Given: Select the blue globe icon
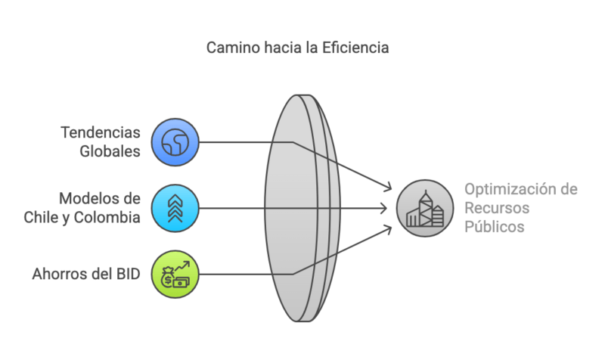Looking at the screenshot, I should tap(175, 141).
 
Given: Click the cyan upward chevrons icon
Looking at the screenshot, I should tap(175, 207).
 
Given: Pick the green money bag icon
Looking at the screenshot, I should tap(175, 273).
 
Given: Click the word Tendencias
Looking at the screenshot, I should tap(101, 132).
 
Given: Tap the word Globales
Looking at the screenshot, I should tap(110, 151).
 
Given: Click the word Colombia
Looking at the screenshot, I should tap(109, 217).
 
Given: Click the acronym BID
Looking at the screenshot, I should tap(126, 273).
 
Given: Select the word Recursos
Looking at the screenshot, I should tap(497, 208).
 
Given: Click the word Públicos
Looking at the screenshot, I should tap(494, 227).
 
